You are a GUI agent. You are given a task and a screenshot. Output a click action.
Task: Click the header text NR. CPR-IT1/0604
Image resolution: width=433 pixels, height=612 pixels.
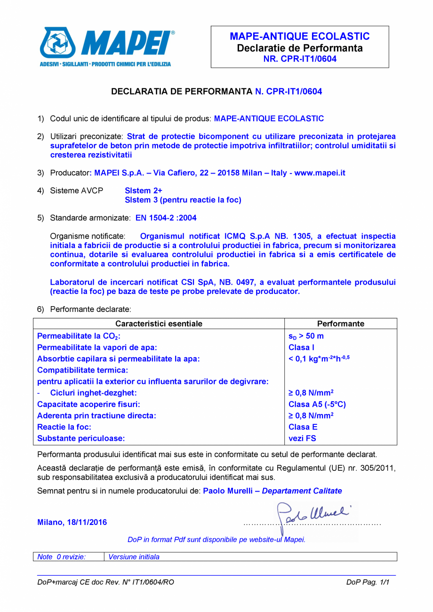(x=299, y=59)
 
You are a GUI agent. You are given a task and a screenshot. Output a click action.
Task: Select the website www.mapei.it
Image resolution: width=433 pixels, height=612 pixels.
(x=320, y=173)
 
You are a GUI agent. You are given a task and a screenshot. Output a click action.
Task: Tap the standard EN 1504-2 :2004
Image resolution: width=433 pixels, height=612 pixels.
(x=166, y=218)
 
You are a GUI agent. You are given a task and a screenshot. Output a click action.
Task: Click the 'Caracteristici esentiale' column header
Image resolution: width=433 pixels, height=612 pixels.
(x=159, y=324)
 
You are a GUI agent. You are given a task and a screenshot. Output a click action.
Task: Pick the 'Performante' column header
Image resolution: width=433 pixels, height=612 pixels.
(x=341, y=324)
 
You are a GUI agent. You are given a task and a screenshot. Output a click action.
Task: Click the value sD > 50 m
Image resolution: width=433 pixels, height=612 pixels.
(x=306, y=336)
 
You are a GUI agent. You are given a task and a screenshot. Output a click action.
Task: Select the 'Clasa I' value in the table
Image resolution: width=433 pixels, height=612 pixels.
(x=301, y=348)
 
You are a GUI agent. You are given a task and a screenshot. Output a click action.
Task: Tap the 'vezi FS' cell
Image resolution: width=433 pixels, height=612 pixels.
(x=302, y=438)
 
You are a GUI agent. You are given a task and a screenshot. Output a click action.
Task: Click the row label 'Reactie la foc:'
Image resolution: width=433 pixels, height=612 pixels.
(x=64, y=427)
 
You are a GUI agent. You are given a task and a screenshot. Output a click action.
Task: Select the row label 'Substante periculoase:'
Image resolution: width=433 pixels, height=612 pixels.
(x=81, y=438)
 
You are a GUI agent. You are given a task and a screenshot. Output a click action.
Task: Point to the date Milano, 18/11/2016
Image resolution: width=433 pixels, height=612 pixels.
(x=72, y=522)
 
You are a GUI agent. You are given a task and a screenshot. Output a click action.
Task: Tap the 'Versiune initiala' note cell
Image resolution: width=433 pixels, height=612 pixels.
(x=134, y=557)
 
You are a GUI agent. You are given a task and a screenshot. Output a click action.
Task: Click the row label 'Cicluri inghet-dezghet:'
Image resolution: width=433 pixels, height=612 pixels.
(x=93, y=393)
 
